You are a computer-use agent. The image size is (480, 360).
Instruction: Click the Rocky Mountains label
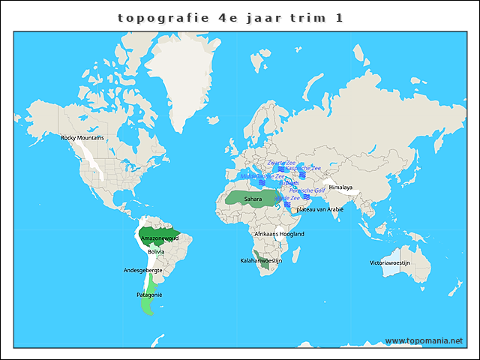pyautogui.click(x=82, y=137)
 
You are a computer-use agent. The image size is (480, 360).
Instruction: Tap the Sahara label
pyautogui.click(x=253, y=199)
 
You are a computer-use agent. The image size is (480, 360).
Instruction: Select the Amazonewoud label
pyautogui.click(x=160, y=238)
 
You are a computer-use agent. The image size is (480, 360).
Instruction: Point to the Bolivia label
pyautogui.click(x=156, y=251)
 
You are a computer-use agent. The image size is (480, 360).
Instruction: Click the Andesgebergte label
pyautogui.click(x=142, y=270)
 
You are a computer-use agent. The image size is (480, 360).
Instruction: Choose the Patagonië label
pyautogui.click(x=149, y=295)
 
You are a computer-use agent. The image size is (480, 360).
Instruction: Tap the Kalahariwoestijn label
pyautogui.click(x=261, y=260)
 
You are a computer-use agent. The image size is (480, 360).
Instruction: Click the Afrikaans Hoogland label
pyautogui.click(x=280, y=234)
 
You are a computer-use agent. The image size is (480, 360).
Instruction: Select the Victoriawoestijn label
pyautogui.click(x=390, y=262)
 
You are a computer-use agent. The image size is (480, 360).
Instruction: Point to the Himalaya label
pyautogui.click(x=340, y=187)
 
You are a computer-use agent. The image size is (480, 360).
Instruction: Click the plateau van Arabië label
pyautogui.click(x=320, y=209)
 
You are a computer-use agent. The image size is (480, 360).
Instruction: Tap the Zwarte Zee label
pyautogui.click(x=281, y=163)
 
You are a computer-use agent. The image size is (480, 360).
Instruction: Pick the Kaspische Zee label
pyautogui.click(x=303, y=168)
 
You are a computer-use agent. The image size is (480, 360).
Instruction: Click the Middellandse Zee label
pyautogui.click(x=262, y=176)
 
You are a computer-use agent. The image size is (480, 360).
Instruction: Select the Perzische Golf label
pyautogui.click(x=307, y=190)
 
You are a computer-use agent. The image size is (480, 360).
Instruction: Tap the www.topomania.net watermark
pyautogui.click(x=424, y=340)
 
